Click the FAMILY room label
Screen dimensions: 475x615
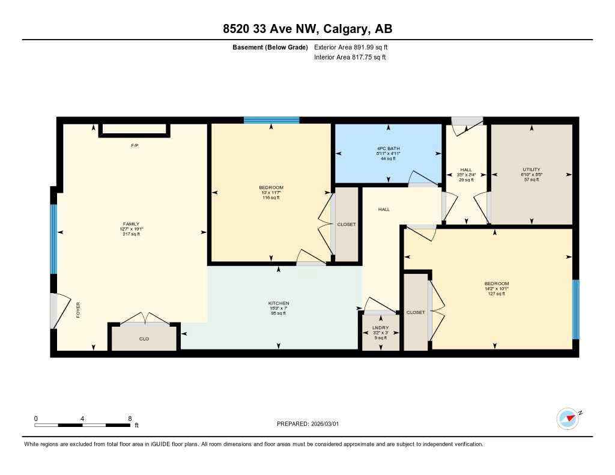click(x=131, y=225)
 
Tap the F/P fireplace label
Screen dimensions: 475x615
click(x=135, y=145)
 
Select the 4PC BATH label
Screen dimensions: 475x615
click(x=387, y=148)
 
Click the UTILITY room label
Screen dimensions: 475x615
click(x=531, y=170)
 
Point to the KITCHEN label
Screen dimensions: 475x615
click(x=279, y=303)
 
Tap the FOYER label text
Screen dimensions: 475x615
click(x=78, y=309)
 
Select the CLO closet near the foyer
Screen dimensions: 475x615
click(x=144, y=339)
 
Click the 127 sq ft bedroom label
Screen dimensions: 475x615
click(x=497, y=284)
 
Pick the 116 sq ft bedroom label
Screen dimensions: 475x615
click(x=271, y=188)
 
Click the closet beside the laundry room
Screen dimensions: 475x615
click(x=416, y=312)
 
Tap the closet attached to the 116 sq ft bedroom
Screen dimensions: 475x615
click(x=346, y=224)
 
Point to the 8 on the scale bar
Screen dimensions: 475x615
click(x=130, y=419)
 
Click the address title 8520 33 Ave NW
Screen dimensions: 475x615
click(x=307, y=29)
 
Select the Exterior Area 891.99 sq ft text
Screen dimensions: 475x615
click(x=352, y=47)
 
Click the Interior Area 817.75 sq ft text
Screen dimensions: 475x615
click(x=350, y=58)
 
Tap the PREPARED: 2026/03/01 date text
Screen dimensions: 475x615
click(x=307, y=424)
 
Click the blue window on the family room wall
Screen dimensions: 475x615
click(x=53, y=238)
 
